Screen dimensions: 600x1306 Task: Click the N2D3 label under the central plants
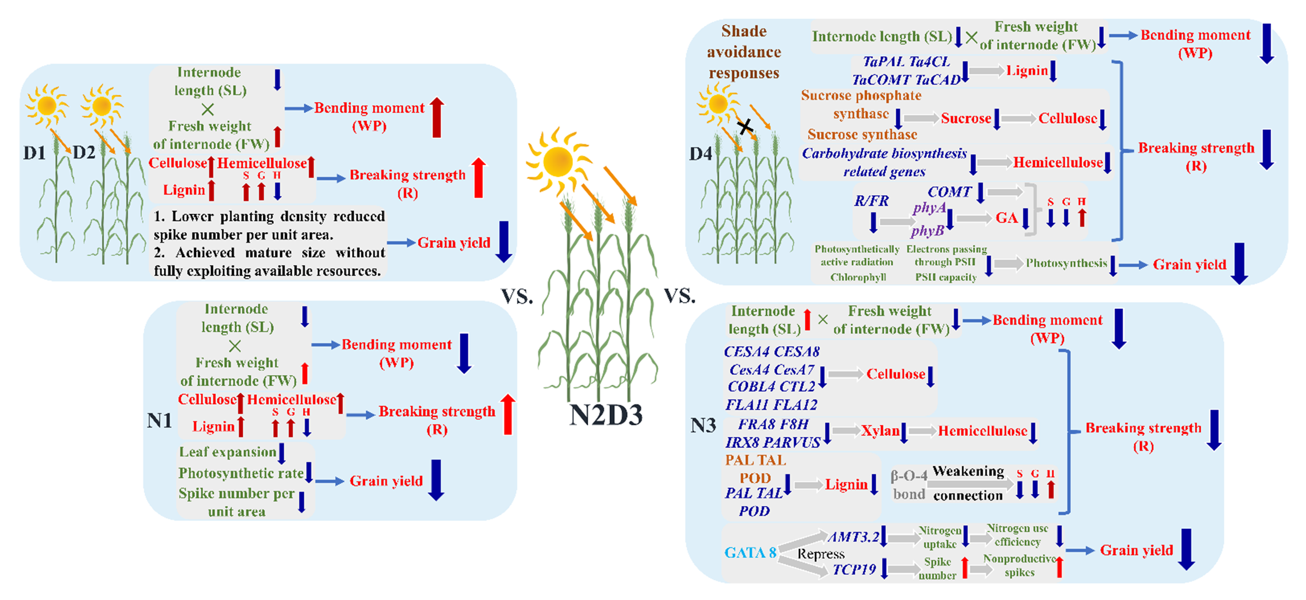(x=606, y=415)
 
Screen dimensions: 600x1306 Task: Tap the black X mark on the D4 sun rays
(x=744, y=126)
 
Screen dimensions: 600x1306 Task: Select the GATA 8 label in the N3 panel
(x=750, y=552)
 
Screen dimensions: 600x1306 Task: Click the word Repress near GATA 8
(x=820, y=554)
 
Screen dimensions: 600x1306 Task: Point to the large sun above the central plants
(x=558, y=161)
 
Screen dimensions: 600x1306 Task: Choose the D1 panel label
(x=35, y=153)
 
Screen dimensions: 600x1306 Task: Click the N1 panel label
(x=160, y=421)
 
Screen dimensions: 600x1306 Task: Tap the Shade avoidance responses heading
(x=744, y=52)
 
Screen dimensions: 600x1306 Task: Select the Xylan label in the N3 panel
(x=880, y=431)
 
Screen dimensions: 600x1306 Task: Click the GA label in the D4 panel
(x=1006, y=218)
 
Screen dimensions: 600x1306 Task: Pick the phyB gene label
(x=927, y=231)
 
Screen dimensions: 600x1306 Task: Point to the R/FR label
(x=871, y=201)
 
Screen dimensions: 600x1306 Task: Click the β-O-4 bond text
(x=908, y=485)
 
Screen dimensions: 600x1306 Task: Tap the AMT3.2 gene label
(x=853, y=536)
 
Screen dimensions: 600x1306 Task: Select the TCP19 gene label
(x=854, y=569)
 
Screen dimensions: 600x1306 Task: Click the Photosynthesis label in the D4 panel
(x=1066, y=263)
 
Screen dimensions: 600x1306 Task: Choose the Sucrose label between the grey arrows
(x=966, y=118)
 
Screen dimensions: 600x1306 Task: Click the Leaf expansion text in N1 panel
(x=227, y=452)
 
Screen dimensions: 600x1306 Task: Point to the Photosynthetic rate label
(x=241, y=473)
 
